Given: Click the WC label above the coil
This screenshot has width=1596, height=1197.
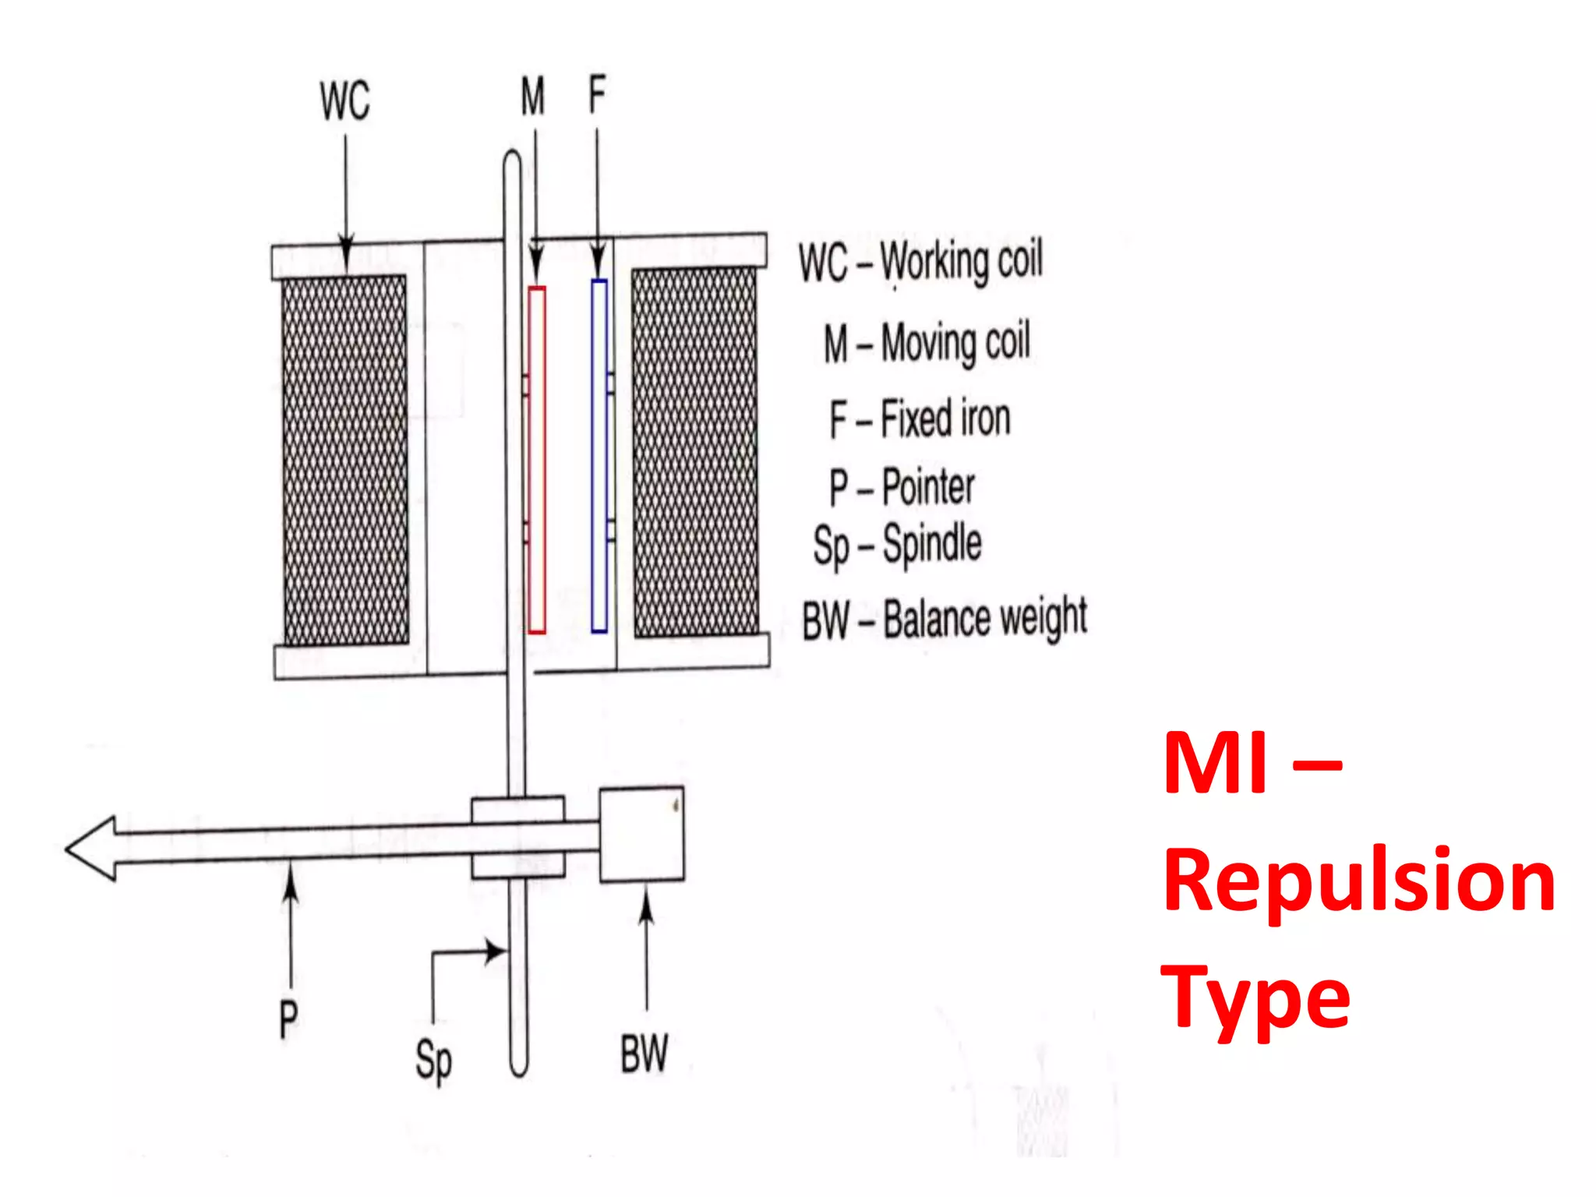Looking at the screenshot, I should (344, 101).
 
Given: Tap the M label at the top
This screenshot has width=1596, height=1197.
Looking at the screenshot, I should (533, 97).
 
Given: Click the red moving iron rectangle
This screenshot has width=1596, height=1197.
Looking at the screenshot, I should (537, 460).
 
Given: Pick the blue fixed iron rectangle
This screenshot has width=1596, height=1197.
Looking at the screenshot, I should (599, 456).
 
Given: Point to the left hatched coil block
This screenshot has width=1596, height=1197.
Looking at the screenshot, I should (345, 460).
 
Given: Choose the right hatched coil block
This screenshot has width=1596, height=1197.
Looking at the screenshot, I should (695, 453).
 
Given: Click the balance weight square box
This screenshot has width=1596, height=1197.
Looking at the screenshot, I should (641, 835).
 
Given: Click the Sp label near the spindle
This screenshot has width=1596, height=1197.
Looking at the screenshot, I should (433, 1061).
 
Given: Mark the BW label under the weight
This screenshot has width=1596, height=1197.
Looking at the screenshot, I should (644, 1054).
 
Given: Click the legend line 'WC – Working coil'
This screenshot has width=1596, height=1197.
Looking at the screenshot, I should (920, 261).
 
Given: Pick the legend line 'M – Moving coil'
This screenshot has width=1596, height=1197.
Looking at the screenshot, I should (927, 342).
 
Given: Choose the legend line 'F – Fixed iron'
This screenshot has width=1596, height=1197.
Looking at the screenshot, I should (920, 418).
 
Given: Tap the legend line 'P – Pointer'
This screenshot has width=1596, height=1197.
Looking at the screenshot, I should (902, 487).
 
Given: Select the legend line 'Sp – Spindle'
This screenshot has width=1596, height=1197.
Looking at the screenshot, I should (897, 545).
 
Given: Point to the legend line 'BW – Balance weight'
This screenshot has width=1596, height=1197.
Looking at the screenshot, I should (945, 620).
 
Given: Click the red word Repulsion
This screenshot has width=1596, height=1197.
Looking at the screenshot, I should (1359, 881).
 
